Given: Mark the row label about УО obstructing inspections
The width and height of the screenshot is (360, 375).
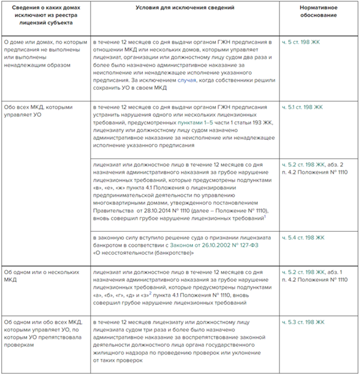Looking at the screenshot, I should [x=42, y=334].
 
